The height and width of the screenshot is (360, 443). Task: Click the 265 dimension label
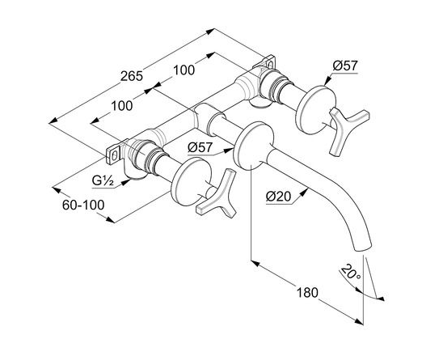(x=132, y=76)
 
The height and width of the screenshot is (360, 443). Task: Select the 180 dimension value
(x=307, y=292)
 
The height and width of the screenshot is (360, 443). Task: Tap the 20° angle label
(x=350, y=272)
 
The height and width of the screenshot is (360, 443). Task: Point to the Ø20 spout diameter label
(x=278, y=196)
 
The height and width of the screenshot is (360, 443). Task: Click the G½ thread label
(x=103, y=180)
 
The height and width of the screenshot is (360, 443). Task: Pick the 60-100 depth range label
(x=83, y=205)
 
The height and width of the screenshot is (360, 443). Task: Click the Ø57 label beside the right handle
(x=345, y=66)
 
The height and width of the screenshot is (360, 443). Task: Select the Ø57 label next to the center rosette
(x=200, y=147)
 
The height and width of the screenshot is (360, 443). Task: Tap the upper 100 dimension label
(x=184, y=70)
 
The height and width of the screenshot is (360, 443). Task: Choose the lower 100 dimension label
(x=122, y=106)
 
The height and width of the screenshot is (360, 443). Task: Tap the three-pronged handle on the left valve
(x=217, y=195)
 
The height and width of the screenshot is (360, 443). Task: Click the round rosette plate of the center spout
(x=253, y=146)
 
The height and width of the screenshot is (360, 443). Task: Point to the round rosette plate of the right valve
(x=315, y=110)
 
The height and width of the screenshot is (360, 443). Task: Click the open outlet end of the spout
(x=363, y=248)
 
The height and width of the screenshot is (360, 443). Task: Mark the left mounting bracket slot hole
(x=114, y=155)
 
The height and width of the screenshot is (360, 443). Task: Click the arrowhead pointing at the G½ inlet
(x=126, y=182)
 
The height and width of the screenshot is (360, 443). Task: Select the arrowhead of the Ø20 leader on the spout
(x=303, y=193)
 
